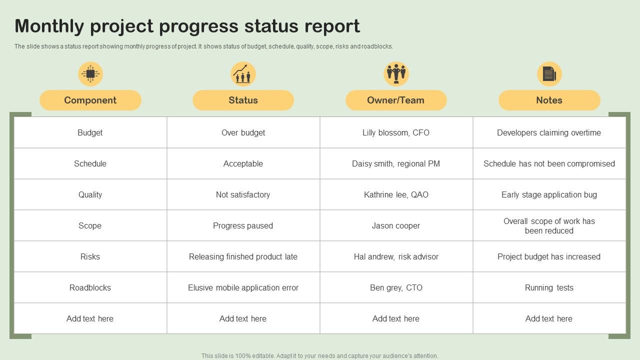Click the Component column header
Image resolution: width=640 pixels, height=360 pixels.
[90, 100]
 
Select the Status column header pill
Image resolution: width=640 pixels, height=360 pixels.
[243, 100]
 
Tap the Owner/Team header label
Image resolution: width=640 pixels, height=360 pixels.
[395, 100]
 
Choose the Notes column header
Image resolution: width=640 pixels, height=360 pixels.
[549, 100]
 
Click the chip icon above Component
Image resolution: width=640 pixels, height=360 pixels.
[90, 74]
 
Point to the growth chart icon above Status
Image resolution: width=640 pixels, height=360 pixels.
[243, 74]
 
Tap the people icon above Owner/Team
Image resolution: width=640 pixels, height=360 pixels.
[396, 74]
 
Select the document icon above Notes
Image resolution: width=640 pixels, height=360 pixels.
[549, 74]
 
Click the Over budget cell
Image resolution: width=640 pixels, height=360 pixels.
[243, 132]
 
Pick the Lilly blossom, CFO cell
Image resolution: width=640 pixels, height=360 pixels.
[396, 132]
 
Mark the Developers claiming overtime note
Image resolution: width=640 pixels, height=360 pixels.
[549, 132]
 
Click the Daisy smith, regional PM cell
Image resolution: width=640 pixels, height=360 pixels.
[396, 163]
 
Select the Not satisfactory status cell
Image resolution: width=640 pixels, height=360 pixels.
[243, 194]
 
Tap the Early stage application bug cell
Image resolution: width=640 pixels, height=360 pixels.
[549, 194]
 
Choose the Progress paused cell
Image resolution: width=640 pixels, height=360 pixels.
[243, 225]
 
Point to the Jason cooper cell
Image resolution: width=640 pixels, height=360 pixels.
[396, 225]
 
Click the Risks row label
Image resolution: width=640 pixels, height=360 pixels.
[90, 256]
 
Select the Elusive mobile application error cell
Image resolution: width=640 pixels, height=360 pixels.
[243, 287]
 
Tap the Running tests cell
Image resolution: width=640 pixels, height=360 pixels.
[549, 287]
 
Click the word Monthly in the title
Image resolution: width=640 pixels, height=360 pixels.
[49, 26]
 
